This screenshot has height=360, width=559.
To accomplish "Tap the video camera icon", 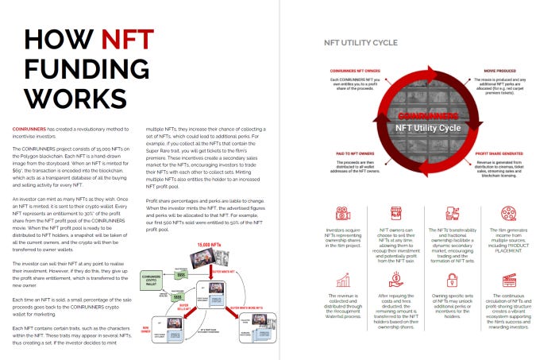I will click(x=344, y=214).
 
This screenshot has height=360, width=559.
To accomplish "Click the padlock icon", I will click(x=453, y=280).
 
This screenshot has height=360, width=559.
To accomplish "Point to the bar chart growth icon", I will click(x=344, y=280).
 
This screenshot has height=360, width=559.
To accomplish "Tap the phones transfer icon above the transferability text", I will click(x=453, y=214).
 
